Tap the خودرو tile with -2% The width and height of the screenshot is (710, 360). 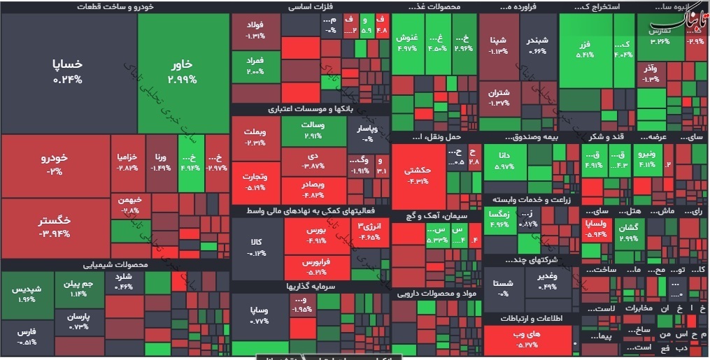[x=55, y=164]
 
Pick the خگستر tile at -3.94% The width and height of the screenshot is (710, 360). [x=55, y=226]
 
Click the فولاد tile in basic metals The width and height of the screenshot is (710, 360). [x=255, y=31]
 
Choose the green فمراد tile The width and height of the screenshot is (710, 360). [x=255, y=66]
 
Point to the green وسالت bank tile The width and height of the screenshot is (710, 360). [x=313, y=131]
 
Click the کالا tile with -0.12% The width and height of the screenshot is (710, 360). [x=256, y=246]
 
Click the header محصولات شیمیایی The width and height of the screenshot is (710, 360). [x=115, y=265]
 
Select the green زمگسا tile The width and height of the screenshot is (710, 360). [x=499, y=218]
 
